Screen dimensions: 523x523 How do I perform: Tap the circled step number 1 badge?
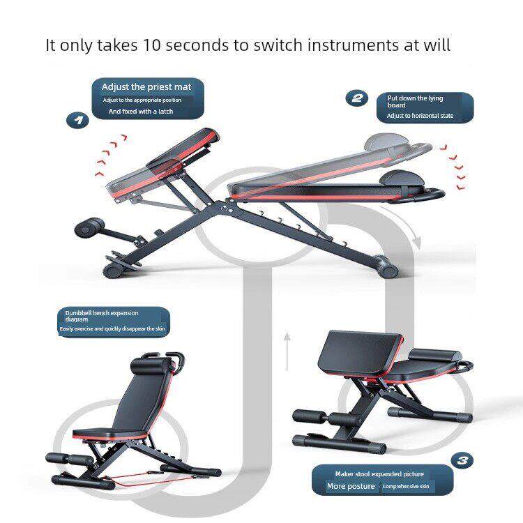(x=77, y=120)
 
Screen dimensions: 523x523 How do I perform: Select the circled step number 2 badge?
(x=356, y=98)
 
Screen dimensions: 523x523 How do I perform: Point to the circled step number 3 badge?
(x=462, y=460)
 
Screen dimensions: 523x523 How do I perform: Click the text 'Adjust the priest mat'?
(x=146, y=87)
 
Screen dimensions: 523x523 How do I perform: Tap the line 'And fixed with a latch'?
(x=141, y=112)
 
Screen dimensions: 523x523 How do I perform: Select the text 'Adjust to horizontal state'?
(x=420, y=116)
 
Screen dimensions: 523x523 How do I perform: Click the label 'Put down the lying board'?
(x=415, y=101)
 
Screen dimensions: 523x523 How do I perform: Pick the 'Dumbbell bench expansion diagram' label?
(x=101, y=316)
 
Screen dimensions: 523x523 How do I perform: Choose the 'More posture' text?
(x=351, y=486)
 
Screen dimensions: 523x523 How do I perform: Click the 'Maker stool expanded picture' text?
(x=379, y=474)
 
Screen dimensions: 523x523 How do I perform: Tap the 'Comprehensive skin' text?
(x=406, y=487)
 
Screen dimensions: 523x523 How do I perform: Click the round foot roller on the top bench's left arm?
(x=88, y=228)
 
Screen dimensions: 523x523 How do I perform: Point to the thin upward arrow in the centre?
(x=287, y=351)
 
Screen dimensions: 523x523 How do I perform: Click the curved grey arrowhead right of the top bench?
(x=416, y=241)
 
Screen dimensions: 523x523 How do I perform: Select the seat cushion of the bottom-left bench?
(x=110, y=433)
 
